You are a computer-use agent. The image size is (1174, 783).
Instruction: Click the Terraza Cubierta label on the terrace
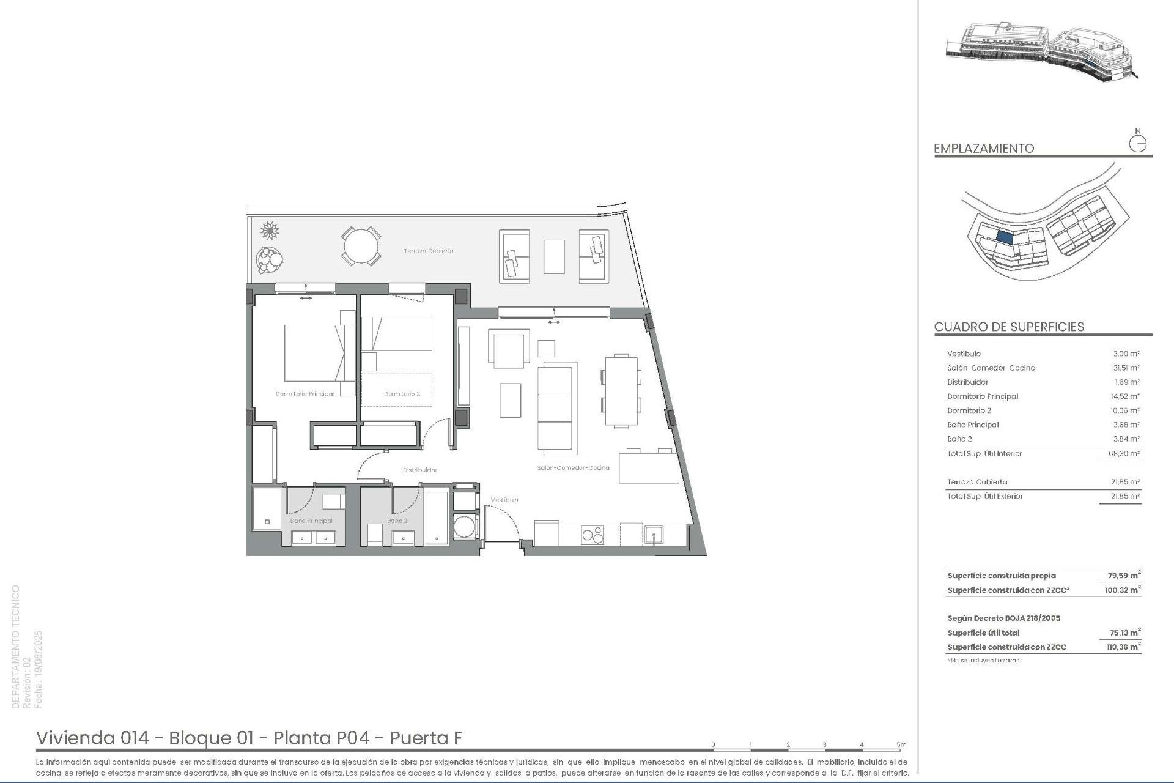click(428, 251)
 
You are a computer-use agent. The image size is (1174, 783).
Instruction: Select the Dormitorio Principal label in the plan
click(305, 394)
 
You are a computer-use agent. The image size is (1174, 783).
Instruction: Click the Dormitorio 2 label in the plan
click(402, 394)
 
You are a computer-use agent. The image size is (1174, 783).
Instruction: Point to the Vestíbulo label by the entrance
click(504, 500)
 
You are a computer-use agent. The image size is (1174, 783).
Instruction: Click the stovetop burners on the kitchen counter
click(592, 535)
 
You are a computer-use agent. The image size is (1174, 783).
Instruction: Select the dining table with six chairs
click(621, 390)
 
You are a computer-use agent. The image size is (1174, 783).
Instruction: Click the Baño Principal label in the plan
click(311, 521)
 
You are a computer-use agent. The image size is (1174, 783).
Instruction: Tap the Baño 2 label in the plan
click(397, 521)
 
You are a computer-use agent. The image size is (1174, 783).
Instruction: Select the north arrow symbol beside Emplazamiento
click(1137, 143)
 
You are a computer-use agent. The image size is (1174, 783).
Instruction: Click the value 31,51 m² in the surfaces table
click(1126, 368)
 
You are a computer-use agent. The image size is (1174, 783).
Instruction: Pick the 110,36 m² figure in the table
click(1123, 647)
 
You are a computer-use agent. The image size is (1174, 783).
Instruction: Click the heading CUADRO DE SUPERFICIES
click(1009, 327)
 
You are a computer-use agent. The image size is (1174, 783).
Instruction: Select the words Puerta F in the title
click(426, 738)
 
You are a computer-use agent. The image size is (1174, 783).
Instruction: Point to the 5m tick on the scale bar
click(901, 745)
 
